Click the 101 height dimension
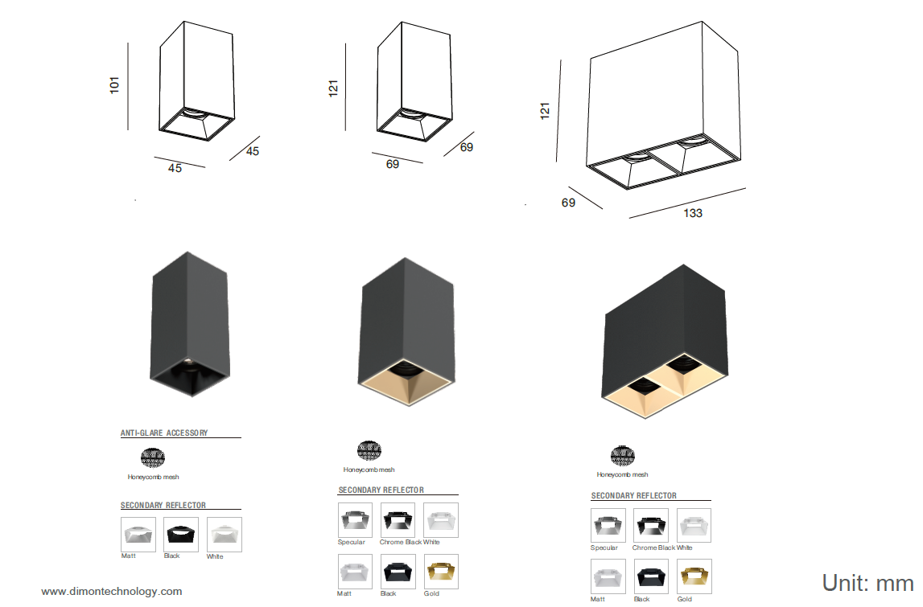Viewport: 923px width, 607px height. [x=114, y=84]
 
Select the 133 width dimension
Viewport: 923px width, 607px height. [x=693, y=213]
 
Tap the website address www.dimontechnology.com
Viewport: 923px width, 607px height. [x=111, y=591]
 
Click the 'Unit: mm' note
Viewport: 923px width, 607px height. [x=867, y=583]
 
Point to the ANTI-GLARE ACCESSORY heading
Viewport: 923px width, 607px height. [x=164, y=433]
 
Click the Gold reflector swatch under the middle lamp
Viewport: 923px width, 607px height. [x=441, y=572]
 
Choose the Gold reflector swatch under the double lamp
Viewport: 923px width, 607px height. [x=694, y=576]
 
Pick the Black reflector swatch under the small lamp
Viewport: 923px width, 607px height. [x=181, y=534]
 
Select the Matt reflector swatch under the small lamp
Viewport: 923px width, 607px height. [x=138, y=534]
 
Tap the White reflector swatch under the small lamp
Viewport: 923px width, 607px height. [x=225, y=534]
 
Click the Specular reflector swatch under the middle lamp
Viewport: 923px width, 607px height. [x=355, y=520]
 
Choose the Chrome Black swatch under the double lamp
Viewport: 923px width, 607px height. [x=650, y=525]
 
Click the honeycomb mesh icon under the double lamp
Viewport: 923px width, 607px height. [x=622, y=455]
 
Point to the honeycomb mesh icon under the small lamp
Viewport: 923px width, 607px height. [x=152, y=457]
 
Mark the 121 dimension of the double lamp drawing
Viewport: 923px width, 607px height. [x=545, y=111]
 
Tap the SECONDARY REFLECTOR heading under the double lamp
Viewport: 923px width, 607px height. [x=634, y=496]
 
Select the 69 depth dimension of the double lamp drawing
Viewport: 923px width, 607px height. [x=568, y=203]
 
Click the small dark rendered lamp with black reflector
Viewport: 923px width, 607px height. [x=189, y=324]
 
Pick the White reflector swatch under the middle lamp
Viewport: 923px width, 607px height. [x=441, y=520]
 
